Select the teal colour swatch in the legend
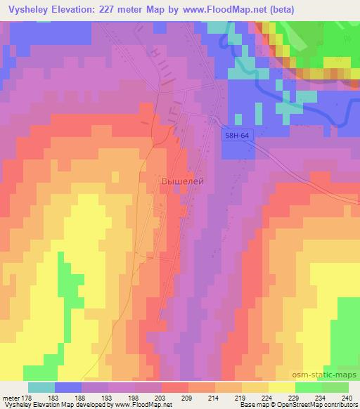tap(41, 387)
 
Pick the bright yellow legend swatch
tap(281, 387)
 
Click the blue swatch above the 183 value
tap(68, 387)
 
